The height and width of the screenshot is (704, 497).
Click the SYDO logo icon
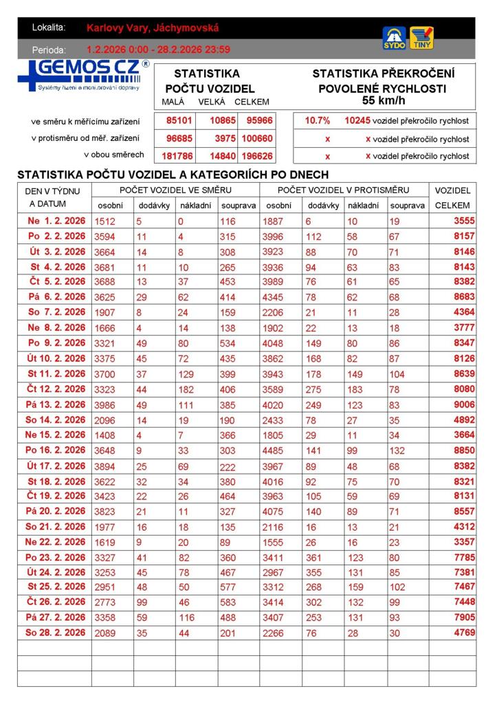[394, 37]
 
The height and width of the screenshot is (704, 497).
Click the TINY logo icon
[421, 37]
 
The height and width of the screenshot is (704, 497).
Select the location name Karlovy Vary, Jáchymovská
[153, 27]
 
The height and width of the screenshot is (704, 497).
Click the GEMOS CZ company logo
[83, 75]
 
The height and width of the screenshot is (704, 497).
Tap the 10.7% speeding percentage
[318, 120]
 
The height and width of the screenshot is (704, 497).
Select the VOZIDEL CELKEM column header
[452, 197]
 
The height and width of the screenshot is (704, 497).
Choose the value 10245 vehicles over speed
[357, 120]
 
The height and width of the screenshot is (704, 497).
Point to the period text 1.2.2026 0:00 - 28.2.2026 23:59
[158, 49]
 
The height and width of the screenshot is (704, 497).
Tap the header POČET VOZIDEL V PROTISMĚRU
[343, 190]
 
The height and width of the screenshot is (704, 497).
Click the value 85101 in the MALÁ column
[179, 120]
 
